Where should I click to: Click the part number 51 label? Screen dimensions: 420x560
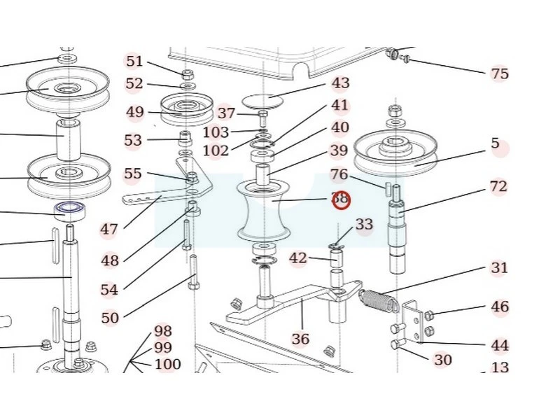pos(134,62)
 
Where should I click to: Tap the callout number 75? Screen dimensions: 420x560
pos(500,73)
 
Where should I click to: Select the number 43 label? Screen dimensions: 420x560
pos(340,83)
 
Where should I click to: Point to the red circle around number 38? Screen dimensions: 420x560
pos(341,199)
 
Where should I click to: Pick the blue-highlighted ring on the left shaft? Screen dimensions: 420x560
pos(69,208)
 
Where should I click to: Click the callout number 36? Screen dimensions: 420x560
pos(300,339)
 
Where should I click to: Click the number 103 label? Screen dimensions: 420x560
pos(216,132)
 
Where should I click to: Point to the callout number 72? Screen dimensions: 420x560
pos(498,187)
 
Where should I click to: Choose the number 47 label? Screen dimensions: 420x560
pos(109,229)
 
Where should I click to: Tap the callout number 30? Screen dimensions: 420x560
pos(443,360)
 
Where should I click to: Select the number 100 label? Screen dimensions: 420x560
pos(167,364)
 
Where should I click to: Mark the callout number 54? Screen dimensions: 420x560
pos(109,290)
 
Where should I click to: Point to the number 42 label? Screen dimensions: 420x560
pos(298,258)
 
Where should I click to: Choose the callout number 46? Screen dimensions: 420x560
pos(500,307)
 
